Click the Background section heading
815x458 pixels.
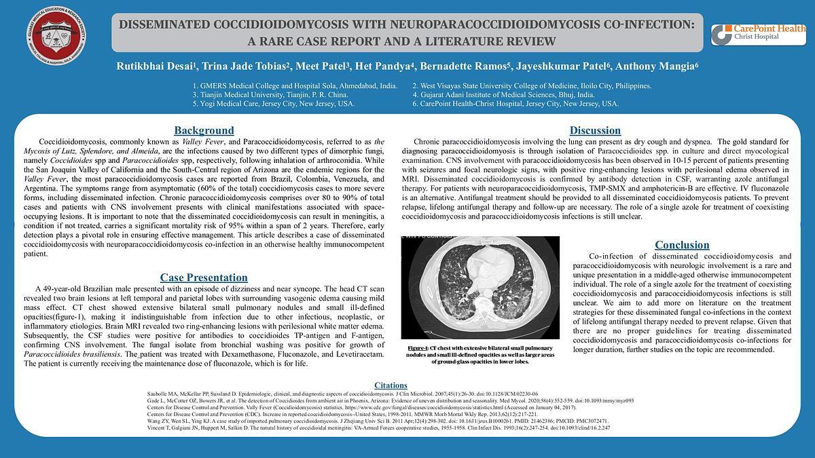click(x=204, y=130)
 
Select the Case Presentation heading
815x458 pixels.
click(x=204, y=278)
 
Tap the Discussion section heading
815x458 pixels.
click(x=595, y=130)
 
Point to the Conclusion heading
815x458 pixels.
click(x=682, y=245)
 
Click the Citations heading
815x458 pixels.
click(x=391, y=385)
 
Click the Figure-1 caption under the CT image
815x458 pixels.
click(x=480, y=355)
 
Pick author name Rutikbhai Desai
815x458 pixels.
click(x=156, y=66)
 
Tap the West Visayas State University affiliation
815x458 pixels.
click(x=531, y=86)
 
